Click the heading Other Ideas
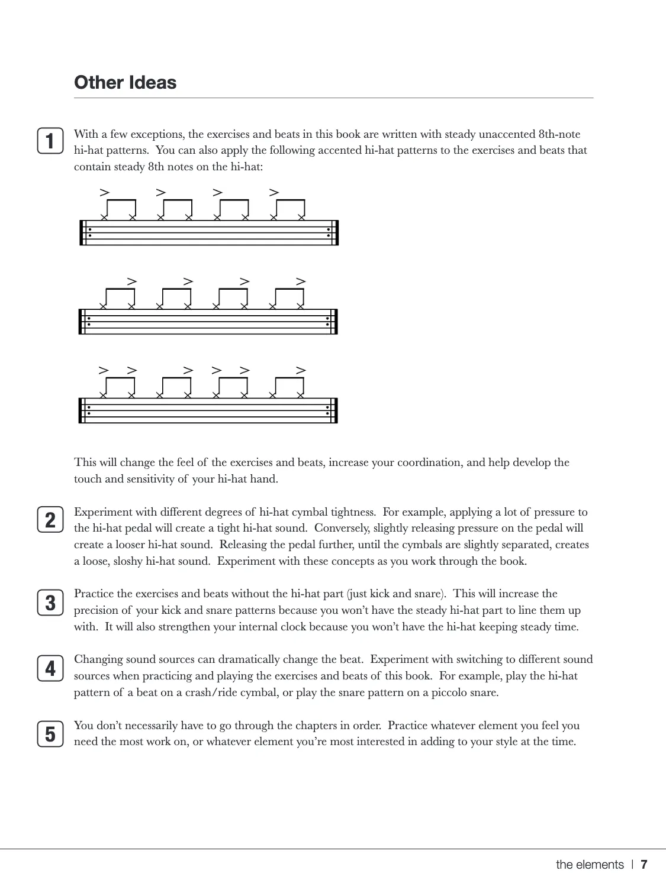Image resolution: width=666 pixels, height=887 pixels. coord(125,82)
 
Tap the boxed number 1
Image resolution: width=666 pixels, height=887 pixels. coord(50,141)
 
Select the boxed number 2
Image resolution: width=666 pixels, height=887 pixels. coord(50,520)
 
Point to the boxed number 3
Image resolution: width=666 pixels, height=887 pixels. coord(50,603)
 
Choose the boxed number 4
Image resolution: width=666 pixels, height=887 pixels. coord(50,668)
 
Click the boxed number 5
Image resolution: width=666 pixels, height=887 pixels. coord(50,734)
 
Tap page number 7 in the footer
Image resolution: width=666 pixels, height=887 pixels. coord(644,865)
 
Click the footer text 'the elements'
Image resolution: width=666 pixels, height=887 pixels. coord(590,865)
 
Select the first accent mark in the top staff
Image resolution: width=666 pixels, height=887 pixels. coord(105,192)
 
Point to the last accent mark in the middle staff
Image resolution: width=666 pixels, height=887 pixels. coord(301,281)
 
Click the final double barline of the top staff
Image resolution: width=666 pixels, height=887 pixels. coord(336,232)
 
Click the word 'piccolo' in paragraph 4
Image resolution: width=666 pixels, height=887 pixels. coord(454,692)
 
